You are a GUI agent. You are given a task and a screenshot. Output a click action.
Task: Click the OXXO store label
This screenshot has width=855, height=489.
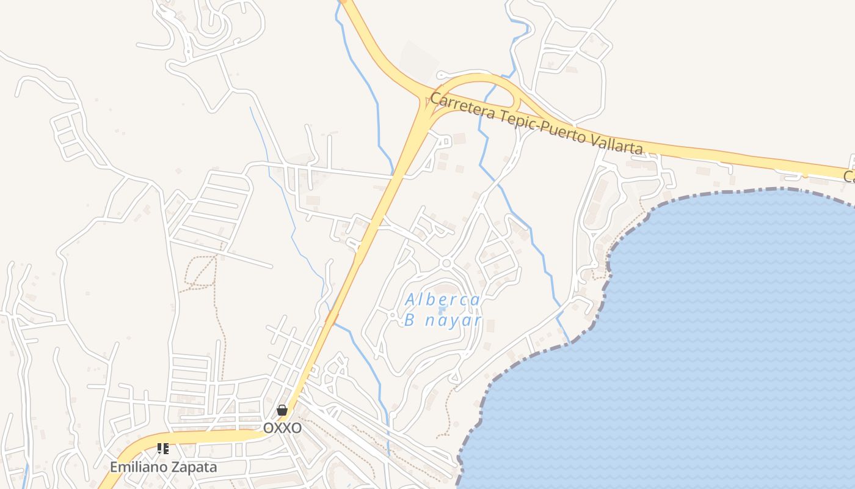[282, 428]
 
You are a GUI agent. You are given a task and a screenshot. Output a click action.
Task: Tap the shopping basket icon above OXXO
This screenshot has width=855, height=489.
[282, 410]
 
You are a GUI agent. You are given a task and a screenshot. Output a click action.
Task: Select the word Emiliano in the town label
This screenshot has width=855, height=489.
[138, 467]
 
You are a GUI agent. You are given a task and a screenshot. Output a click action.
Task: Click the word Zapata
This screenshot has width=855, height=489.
[192, 467]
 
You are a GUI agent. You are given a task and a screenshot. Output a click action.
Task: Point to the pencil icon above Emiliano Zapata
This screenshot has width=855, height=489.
[162, 449]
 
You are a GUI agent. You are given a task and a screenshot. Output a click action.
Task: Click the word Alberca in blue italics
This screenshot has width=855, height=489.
[443, 300]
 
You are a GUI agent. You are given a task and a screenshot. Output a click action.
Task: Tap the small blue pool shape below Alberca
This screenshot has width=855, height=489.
[442, 311]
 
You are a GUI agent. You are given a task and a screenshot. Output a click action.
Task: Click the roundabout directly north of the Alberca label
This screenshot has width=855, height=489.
[446, 263]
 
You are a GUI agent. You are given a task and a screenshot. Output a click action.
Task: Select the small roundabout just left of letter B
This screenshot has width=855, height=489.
[393, 315]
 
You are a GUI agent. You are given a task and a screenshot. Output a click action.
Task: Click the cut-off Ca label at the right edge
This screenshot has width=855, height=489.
[849, 177]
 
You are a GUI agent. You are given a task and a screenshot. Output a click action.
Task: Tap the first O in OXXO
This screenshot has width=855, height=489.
[268, 428]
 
